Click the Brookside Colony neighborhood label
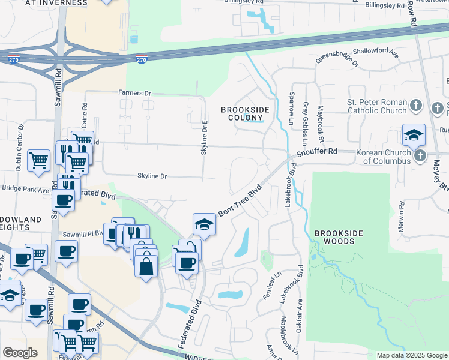(x=245, y=113)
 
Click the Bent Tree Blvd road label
(x=241, y=200)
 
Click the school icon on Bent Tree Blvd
(x=204, y=224)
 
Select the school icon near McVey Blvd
(x=414, y=136)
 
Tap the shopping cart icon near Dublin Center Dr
(x=38, y=161)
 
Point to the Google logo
(x=20, y=352)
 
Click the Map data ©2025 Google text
(x=411, y=355)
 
